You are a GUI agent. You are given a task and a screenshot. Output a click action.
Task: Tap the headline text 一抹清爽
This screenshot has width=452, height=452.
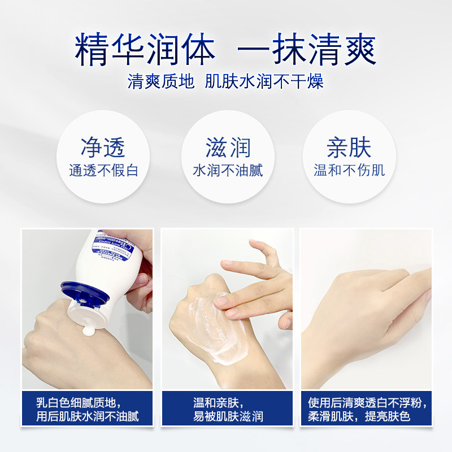click(307, 51)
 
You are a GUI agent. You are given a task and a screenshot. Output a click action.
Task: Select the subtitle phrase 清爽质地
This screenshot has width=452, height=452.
click(161, 82)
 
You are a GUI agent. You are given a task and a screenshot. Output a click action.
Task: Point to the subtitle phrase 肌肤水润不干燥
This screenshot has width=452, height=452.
click(264, 82)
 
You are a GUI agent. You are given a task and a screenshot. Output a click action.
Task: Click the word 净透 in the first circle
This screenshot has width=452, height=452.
click(103, 147)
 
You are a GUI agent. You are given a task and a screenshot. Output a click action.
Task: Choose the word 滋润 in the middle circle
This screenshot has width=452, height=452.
click(228, 147)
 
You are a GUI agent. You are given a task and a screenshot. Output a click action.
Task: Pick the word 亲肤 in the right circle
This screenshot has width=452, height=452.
click(349, 147)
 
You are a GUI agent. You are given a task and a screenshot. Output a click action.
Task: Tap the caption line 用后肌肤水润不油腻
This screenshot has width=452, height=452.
click(88, 418)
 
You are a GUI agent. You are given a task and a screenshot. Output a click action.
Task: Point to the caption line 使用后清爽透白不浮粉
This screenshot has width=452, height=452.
click(367, 403)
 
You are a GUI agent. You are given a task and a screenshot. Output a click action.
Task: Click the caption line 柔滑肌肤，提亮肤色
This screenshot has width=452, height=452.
click(359, 418)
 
